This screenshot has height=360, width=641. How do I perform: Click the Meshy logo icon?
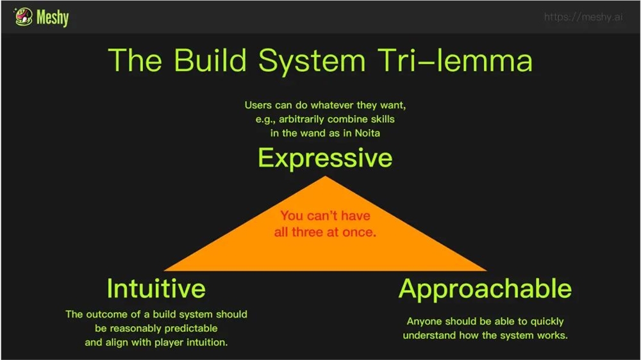click(x=24, y=17)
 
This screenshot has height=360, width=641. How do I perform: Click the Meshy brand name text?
click(x=53, y=17)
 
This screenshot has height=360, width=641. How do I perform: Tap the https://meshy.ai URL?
click(x=583, y=17)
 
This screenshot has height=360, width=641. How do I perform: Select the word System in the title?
click(x=312, y=61)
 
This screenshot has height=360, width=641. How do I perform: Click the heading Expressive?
click(x=325, y=158)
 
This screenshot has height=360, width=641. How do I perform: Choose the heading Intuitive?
click(x=156, y=288)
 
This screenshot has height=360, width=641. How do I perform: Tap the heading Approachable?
click(x=485, y=290)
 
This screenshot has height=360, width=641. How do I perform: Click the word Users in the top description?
click(x=258, y=105)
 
